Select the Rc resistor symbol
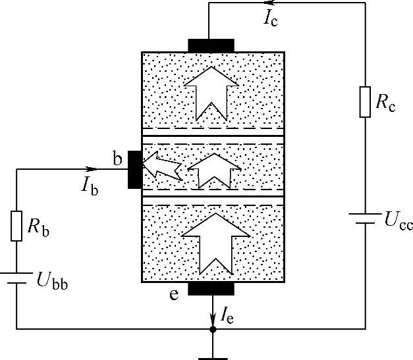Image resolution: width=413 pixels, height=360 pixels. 365,101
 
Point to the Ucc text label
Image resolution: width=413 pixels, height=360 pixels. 397,222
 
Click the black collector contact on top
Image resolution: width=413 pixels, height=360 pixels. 211,45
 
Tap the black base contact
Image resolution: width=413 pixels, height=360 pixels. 134,169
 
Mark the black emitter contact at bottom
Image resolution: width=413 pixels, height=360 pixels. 211,288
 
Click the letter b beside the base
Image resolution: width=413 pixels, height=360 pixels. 117,158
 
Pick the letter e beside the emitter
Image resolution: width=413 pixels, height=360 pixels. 174,294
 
